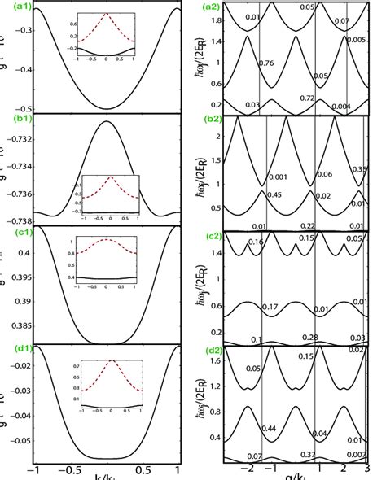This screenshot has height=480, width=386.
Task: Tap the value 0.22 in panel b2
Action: [x=308, y=225]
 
